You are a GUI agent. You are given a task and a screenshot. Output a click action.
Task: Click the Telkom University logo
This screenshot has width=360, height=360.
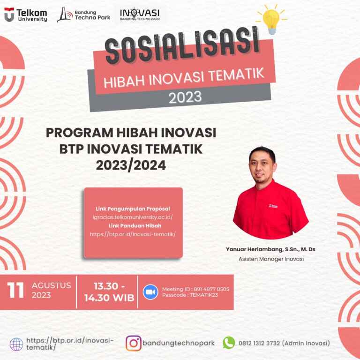click(x=26, y=15)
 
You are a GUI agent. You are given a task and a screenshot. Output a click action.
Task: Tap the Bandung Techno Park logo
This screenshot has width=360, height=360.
click(x=83, y=15)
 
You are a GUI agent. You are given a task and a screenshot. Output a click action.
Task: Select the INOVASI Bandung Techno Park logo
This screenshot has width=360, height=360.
click(x=139, y=15)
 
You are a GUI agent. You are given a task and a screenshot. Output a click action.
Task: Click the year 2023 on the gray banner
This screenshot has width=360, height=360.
click(x=185, y=97)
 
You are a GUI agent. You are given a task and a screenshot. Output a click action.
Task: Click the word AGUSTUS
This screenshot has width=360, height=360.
click(x=51, y=285)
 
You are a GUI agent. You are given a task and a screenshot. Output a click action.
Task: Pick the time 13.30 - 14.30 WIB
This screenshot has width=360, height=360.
click(x=109, y=292)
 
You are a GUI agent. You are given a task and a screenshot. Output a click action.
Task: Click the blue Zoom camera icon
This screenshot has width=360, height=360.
click(x=150, y=292)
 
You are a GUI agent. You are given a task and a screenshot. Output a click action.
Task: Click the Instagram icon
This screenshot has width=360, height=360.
click(x=134, y=343)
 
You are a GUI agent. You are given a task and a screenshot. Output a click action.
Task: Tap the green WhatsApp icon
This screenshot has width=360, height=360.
click(x=229, y=343)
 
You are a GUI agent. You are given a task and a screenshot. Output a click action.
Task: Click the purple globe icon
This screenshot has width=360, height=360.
click(x=16, y=344)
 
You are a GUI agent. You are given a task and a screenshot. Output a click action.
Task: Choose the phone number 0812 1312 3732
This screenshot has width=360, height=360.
click(x=259, y=343)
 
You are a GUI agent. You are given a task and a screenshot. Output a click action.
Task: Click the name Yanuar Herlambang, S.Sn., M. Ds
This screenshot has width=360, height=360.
click(x=270, y=249)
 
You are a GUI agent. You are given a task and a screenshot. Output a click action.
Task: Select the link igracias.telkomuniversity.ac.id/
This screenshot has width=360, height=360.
click(x=133, y=217)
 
